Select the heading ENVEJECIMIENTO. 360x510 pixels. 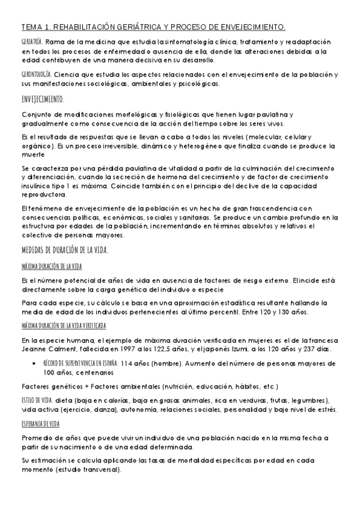42,98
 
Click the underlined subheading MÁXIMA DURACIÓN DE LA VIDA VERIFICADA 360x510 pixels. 63,325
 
